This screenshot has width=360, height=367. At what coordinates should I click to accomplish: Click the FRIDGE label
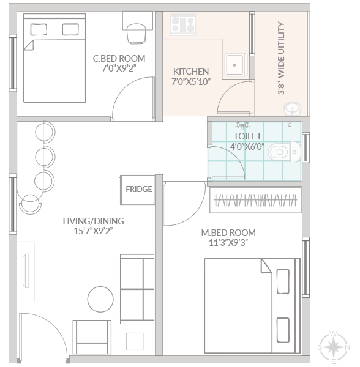139,189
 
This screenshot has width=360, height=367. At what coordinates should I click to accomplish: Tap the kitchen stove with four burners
183,24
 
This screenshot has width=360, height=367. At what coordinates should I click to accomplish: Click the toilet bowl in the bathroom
284,152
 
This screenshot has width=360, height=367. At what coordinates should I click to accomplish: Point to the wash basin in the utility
293,109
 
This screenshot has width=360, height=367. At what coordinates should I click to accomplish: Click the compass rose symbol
334,347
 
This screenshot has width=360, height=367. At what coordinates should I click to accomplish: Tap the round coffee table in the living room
100,299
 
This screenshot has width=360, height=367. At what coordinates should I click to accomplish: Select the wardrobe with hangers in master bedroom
255,201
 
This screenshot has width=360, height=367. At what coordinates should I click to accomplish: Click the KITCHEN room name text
191,72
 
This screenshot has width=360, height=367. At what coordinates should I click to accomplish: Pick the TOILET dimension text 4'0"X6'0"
247,147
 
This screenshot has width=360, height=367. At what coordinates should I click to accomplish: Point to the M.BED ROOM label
228,233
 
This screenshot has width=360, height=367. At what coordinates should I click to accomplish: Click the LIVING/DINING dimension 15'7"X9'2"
93,231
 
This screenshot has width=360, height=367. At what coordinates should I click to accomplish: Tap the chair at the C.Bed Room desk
137,34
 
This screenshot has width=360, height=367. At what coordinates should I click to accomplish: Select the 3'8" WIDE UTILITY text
281,58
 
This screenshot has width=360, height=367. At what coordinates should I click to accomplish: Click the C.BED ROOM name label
119,59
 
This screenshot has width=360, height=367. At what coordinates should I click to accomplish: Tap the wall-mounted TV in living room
26,270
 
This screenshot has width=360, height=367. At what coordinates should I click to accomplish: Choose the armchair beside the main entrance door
92,337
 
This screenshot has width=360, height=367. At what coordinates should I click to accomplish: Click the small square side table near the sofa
135,342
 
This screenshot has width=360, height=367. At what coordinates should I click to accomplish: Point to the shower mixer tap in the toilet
242,125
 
